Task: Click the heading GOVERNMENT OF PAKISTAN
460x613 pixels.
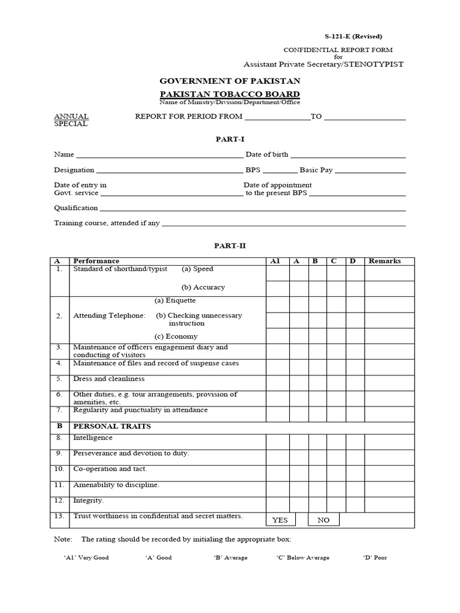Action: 230,81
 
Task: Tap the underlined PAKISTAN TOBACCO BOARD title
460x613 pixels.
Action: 230,94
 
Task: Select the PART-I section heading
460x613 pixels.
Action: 230,139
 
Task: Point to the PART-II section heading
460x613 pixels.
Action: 230,245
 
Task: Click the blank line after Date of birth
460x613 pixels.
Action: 348,157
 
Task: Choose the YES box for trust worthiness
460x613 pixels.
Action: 280,520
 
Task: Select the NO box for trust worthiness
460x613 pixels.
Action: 323,520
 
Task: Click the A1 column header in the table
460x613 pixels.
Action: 276,261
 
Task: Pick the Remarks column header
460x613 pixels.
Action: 385,261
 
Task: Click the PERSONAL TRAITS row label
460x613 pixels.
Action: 112,426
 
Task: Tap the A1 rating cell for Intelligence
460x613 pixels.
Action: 278,442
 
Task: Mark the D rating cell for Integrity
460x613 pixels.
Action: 355,504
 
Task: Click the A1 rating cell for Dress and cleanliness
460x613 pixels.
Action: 278,383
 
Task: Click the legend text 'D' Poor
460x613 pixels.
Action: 375,557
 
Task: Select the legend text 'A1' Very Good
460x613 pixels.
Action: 86,557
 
